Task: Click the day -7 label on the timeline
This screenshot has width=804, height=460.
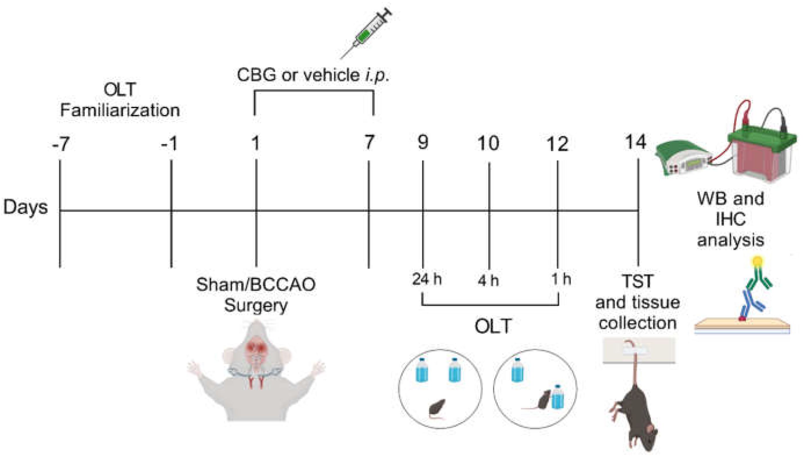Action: point(61,144)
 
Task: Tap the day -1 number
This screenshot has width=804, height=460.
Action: point(170,144)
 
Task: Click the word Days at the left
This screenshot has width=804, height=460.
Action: point(26,207)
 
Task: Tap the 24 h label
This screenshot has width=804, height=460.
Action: point(427,279)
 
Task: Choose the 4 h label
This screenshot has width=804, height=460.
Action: point(488,280)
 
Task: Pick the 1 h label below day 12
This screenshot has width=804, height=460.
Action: point(561,279)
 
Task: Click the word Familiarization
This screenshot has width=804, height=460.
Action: point(120,111)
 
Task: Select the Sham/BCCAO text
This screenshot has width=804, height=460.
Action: point(256,284)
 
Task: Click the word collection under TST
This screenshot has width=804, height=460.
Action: point(637,323)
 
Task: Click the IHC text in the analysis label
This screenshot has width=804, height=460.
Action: point(731,219)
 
